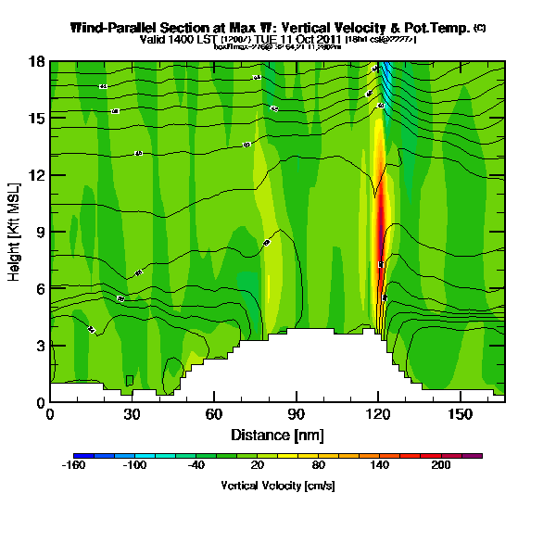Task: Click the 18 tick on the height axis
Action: [38, 61]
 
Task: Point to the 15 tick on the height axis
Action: [38, 118]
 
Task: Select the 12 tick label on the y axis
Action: [38, 175]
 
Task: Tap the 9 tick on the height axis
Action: [41, 232]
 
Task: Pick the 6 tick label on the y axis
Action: [41, 288]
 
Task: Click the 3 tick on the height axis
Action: [41, 346]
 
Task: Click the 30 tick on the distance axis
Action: [132, 413]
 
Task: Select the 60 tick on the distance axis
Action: [214, 413]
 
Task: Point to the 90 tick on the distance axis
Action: [296, 413]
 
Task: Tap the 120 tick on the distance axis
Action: [377, 413]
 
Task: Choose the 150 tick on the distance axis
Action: [460, 413]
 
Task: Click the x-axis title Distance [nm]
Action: [277, 434]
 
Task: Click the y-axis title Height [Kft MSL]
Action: [16, 232]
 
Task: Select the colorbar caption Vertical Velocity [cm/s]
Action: [278, 486]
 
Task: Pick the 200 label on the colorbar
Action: [440, 466]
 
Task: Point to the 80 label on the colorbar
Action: [318, 466]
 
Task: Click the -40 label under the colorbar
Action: [196, 466]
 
